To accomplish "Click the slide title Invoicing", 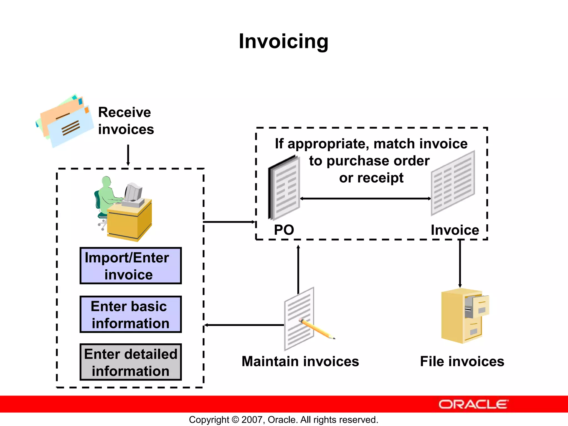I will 283,41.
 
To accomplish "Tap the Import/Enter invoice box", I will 130,266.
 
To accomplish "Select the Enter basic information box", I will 130,314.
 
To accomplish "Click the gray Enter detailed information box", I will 130,362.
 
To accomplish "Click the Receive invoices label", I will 126,121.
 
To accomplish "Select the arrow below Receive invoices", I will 128,155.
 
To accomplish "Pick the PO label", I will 284,230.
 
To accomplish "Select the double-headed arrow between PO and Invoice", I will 365,199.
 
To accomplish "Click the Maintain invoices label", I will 300,361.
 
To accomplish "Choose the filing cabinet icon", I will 464,316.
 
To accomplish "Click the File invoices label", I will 462,361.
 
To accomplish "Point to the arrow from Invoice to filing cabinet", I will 460,263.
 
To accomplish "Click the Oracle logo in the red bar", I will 473,404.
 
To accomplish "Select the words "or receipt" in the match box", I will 371,178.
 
